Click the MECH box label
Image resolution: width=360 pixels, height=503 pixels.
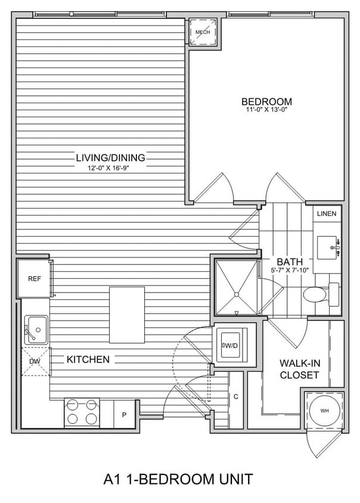(x=203, y=32)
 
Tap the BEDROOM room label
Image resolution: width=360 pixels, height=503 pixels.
(x=266, y=101)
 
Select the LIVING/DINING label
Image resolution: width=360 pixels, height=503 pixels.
(x=110, y=157)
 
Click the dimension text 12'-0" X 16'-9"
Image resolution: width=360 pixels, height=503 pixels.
(x=110, y=167)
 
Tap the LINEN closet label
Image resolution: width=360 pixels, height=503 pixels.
(x=327, y=213)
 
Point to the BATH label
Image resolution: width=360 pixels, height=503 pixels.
(x=290, y=262)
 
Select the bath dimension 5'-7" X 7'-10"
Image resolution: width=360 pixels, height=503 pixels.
(x=290, y=270)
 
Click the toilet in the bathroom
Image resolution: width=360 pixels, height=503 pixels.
(x=316, y=294)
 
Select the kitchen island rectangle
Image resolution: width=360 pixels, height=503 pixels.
(x=127, y=314)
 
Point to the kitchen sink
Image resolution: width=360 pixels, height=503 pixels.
(x=35, y=328)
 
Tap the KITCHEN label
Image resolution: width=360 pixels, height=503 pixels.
(x=88, y=359)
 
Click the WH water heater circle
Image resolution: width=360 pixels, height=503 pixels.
(x=324, y=411)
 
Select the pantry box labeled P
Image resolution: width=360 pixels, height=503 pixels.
(x=125, y=414)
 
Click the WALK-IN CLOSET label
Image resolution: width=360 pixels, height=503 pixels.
(x=299, y=369)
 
